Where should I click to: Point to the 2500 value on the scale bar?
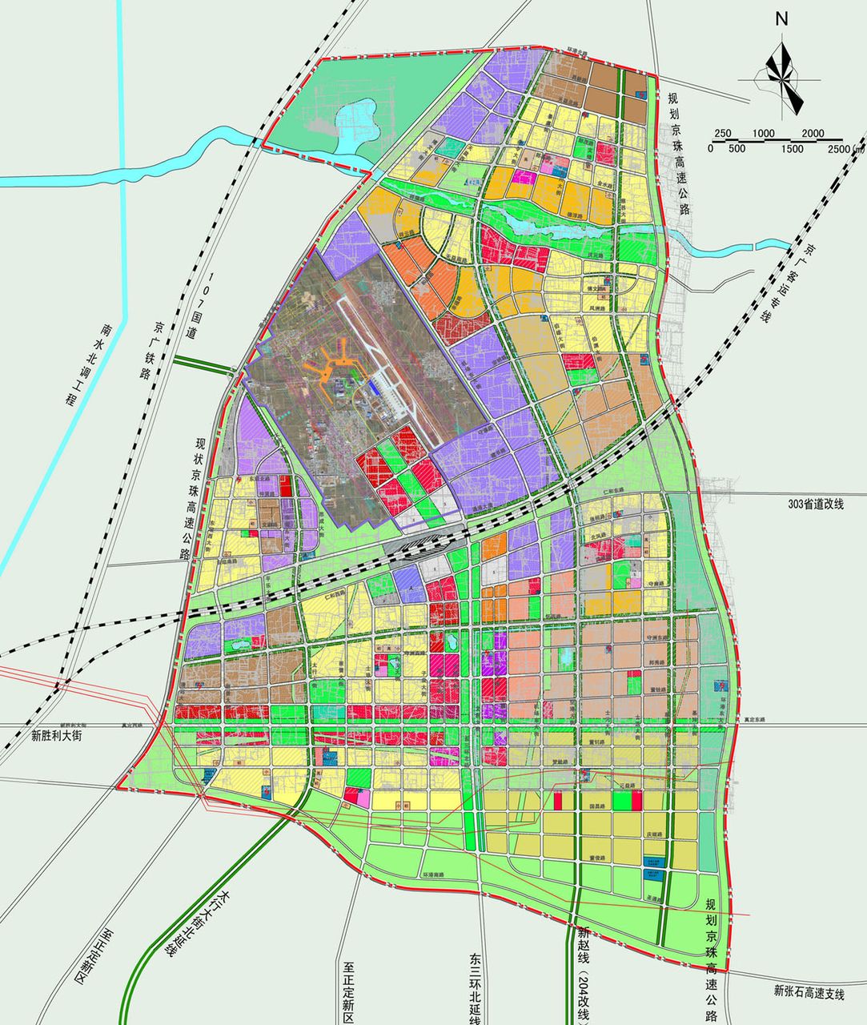842,149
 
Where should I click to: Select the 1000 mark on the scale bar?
763,133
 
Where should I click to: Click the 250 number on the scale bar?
723,133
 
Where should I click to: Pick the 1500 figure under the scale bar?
793,149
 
